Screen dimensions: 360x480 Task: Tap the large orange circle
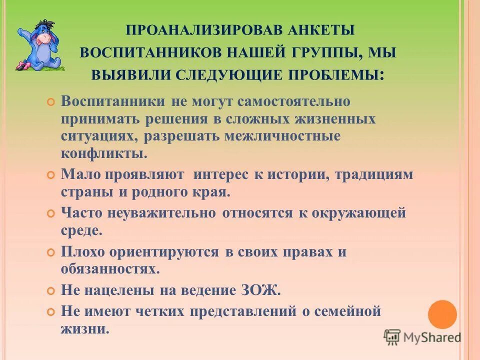pyautogui.click(x=442, y=314)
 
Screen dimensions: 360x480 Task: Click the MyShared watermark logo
pyautogui.click(x=422, y=337)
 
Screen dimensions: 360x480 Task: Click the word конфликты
pyautogui.click(x=104, y=152)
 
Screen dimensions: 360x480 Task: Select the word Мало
pyautogui.click(x=80, y=174)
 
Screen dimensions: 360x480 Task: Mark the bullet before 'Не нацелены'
pyautogui.click(x=50, y=290)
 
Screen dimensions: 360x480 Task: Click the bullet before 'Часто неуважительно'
pyautogui.click(x=50, y=213)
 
